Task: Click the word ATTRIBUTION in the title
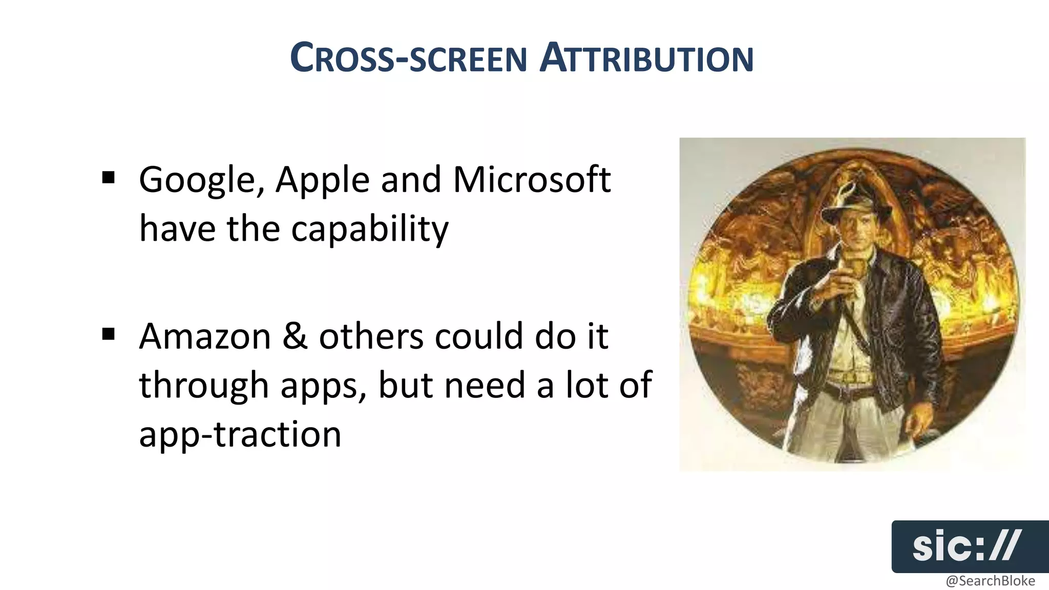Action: point(646,58)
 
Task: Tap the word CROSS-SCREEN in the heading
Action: point(408,58)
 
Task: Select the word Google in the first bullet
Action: point(201,180)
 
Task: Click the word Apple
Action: point(322,180)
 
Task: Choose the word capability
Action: point(370,229)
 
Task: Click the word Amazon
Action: point(205,336)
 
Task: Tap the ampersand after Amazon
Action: point(295,336)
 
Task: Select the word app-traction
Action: point(240,434)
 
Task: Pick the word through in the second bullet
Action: point(204,386)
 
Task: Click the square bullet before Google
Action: point(108,178)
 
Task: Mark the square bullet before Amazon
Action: point(108,334)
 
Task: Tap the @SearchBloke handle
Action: point(990,581)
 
